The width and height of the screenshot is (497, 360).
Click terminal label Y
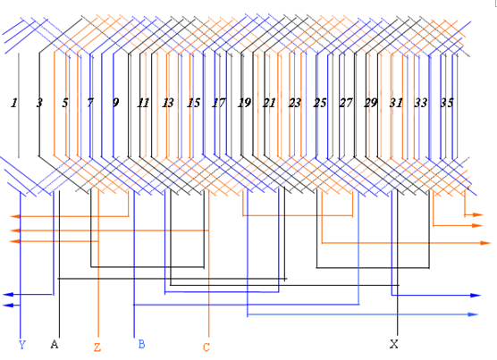[21, 345]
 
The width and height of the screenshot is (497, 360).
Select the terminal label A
[55, 344]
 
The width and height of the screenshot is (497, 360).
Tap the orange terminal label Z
[97, 347]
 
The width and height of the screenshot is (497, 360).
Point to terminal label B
[142, 344]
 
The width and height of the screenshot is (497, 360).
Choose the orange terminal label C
[206, 347]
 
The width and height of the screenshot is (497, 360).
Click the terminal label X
[393, 344]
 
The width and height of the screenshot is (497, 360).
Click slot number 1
[14, 103]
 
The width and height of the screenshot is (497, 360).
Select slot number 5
[65, 103]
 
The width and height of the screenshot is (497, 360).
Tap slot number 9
[115, 103]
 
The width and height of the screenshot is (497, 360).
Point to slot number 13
[168, 103]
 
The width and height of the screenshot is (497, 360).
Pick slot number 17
[219, 103]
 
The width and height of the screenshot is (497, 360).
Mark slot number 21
[269, 103]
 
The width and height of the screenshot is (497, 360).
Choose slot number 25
[320, 103]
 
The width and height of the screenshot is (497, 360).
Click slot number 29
[371, 103]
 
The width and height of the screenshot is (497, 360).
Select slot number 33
[421, 103]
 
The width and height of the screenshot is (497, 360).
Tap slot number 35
[447, 103]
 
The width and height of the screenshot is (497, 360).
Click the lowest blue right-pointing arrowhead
[473, 314]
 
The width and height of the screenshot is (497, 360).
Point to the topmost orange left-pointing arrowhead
[15, 216]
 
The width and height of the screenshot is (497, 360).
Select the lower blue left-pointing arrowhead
[8, 306]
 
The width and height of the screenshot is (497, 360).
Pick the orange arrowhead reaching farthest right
[485, 243]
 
